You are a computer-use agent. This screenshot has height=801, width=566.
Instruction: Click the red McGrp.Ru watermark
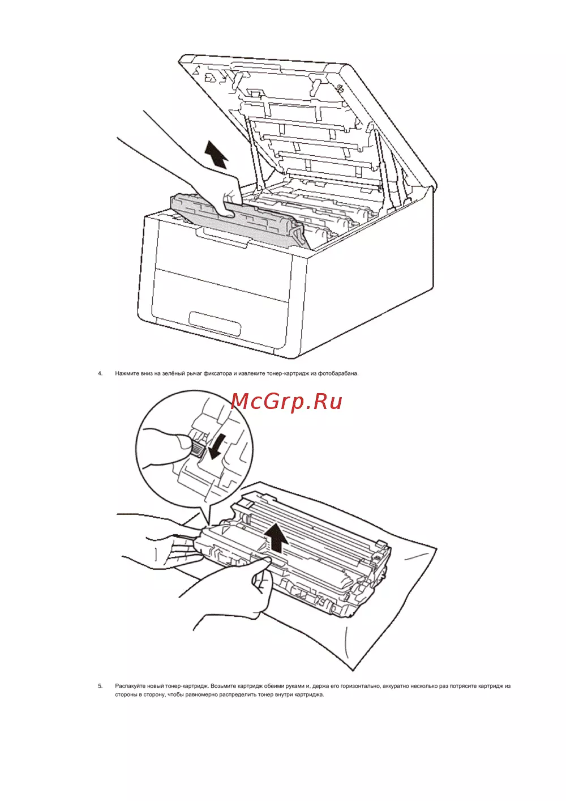pyautogui.click(x=286, y=402)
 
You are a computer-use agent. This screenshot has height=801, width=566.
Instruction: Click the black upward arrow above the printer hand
pyautogui.click(x=216, y=154)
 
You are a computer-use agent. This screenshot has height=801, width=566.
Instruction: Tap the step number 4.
pyautogui.click(x=100, y=373)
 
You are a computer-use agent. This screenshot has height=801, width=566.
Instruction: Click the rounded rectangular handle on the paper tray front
pyautogui.click(x=215, y=323)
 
